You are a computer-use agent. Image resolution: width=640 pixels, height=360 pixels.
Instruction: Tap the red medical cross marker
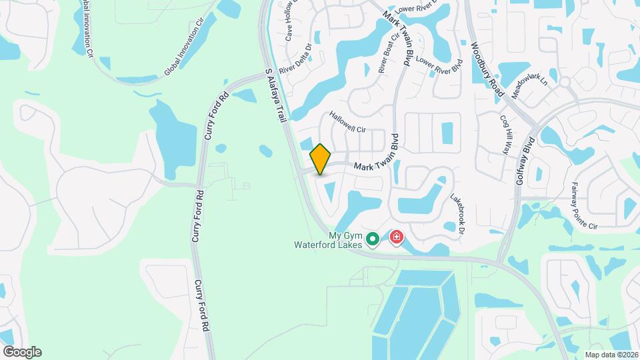(x=397, y=237)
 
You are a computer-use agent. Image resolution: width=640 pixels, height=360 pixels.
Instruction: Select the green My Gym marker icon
(x=373, y=238)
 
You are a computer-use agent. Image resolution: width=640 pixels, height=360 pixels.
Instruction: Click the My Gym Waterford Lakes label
(x=327, y=240)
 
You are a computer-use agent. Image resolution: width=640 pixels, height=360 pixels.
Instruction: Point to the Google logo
(x=22, y=352)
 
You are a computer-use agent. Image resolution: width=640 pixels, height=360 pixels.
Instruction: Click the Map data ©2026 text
(x=611, y=354)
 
